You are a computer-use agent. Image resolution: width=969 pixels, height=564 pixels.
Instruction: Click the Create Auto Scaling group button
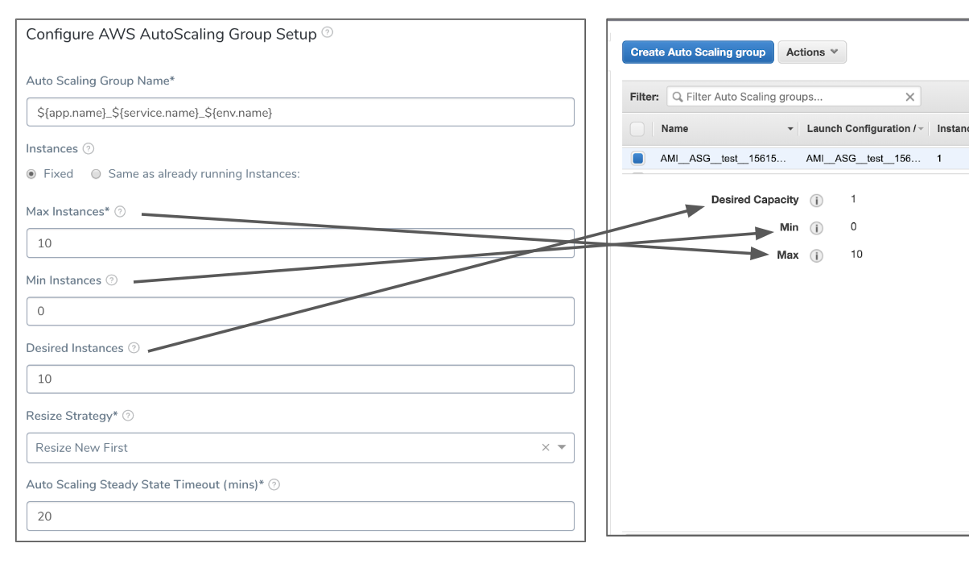[698, 52]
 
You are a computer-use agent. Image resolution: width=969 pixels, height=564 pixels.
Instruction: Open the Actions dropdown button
[812, 52]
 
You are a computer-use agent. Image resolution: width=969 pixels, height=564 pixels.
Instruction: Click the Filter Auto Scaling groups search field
[794, 97]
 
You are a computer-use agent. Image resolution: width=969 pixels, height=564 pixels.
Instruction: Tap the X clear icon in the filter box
[909, 97]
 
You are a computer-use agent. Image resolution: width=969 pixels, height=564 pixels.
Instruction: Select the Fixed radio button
[31, 174]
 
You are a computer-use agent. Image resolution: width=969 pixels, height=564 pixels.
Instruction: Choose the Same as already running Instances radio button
[96, 174]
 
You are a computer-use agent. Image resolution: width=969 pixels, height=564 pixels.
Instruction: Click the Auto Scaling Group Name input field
[300, 112]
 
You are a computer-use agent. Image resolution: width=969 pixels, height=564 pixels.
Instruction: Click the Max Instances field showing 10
[300, 243]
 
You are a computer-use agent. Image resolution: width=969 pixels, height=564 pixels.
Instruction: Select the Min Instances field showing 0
[300, 311]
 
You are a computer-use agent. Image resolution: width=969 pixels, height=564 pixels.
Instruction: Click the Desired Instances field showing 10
[300, 379]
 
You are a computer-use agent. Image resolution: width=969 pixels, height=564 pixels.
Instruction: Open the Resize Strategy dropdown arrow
[562, 447]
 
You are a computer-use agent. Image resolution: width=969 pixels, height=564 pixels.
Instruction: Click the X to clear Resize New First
[546, 447]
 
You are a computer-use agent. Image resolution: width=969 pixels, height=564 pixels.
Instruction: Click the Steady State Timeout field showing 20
[300, 516]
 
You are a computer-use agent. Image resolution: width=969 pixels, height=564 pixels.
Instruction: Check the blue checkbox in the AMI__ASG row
[637, 159]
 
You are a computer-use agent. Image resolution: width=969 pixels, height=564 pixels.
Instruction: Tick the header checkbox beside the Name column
[637, 129]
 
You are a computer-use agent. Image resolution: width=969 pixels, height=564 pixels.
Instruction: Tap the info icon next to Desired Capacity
[816, 201]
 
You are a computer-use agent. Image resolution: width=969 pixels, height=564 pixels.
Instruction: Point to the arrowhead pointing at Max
[759, 254]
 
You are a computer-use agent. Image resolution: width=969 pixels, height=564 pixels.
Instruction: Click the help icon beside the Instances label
[89, 149]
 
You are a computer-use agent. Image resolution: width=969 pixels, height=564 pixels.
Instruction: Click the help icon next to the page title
[328, 32]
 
